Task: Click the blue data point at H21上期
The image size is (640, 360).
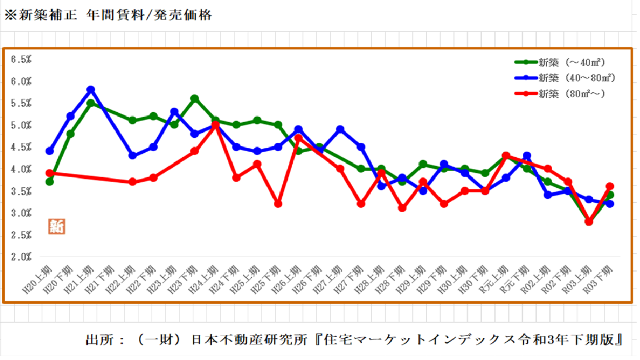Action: [x=91, y=89]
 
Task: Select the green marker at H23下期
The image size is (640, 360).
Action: [x=195, y=98]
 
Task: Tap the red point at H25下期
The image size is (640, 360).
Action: [x=278, y=204]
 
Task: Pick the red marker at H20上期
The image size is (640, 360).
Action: [x=49, y=173]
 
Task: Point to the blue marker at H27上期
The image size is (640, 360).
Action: [x=341, y=129]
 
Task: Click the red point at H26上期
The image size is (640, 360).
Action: [x=299, y=138]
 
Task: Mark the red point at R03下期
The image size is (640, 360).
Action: [x=610, y=187]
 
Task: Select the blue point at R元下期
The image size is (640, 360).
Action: [x=527, y=156]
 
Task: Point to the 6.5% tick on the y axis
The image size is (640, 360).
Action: [x=21, y=59]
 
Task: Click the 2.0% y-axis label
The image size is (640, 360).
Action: [x=21, y=257]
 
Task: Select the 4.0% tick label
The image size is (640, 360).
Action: [x=21, y=169]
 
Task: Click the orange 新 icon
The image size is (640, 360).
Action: [x=56, y=226]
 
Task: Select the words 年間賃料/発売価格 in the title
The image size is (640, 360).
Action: [x=150, y=15]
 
